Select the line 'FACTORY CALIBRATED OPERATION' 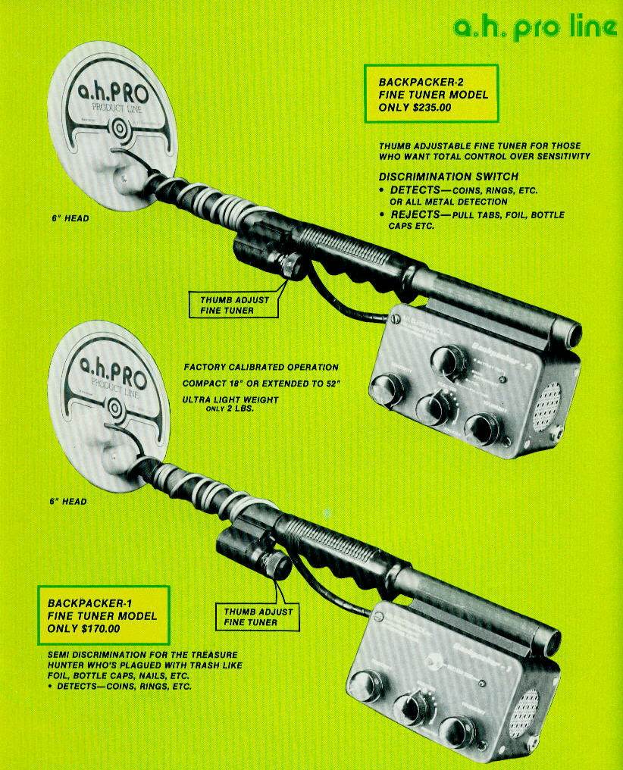point(261,368)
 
